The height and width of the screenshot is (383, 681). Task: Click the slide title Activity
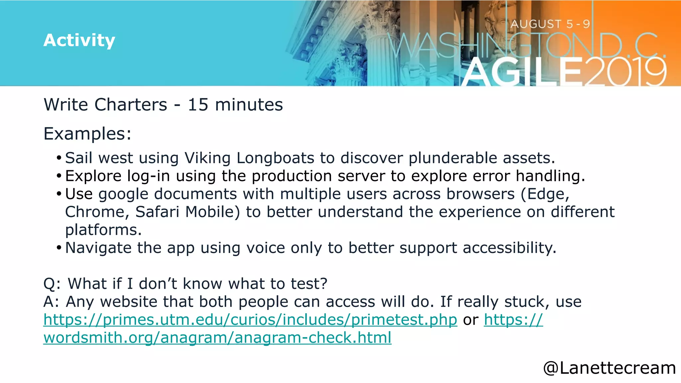(79, 40)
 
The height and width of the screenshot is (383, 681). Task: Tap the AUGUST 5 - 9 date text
(550, 24)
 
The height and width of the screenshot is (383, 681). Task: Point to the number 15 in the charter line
(198, 105)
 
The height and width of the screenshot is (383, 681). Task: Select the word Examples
(87, 134)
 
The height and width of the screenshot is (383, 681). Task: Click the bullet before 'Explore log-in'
(59, 176)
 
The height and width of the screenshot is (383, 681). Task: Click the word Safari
(157, 212)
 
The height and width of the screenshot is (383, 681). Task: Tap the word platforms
(103, 230)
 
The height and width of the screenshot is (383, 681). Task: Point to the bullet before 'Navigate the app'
(59, 248)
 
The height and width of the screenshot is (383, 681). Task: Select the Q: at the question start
(52, 284)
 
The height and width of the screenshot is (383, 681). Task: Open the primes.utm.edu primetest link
(250, 320)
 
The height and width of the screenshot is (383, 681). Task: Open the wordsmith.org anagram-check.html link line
(217, 338)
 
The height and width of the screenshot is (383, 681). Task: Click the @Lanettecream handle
(609, 368)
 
